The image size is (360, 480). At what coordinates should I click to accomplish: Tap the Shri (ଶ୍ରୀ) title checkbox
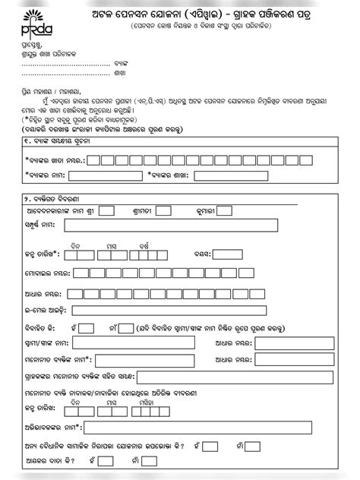pyautogui.click(x=107, y=210)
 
